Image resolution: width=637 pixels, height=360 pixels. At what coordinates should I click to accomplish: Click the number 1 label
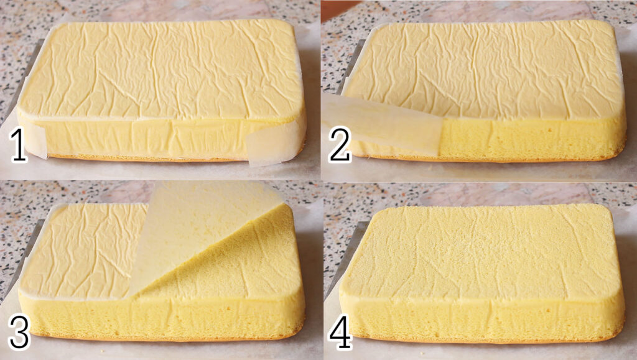(x=18, y=144)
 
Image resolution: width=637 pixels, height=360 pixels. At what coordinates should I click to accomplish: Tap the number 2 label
(x=340, y=144)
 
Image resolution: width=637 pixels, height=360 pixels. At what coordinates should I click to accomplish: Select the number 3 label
(x=19, y=333)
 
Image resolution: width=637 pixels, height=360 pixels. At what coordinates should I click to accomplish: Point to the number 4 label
(x=340, y=333)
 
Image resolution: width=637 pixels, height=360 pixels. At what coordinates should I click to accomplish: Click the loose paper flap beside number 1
(x=35, y=140)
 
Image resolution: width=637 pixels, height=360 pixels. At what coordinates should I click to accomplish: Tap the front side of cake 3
(x=162, y=318)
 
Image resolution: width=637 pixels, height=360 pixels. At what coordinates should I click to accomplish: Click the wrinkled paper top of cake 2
(x=483, y=69)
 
